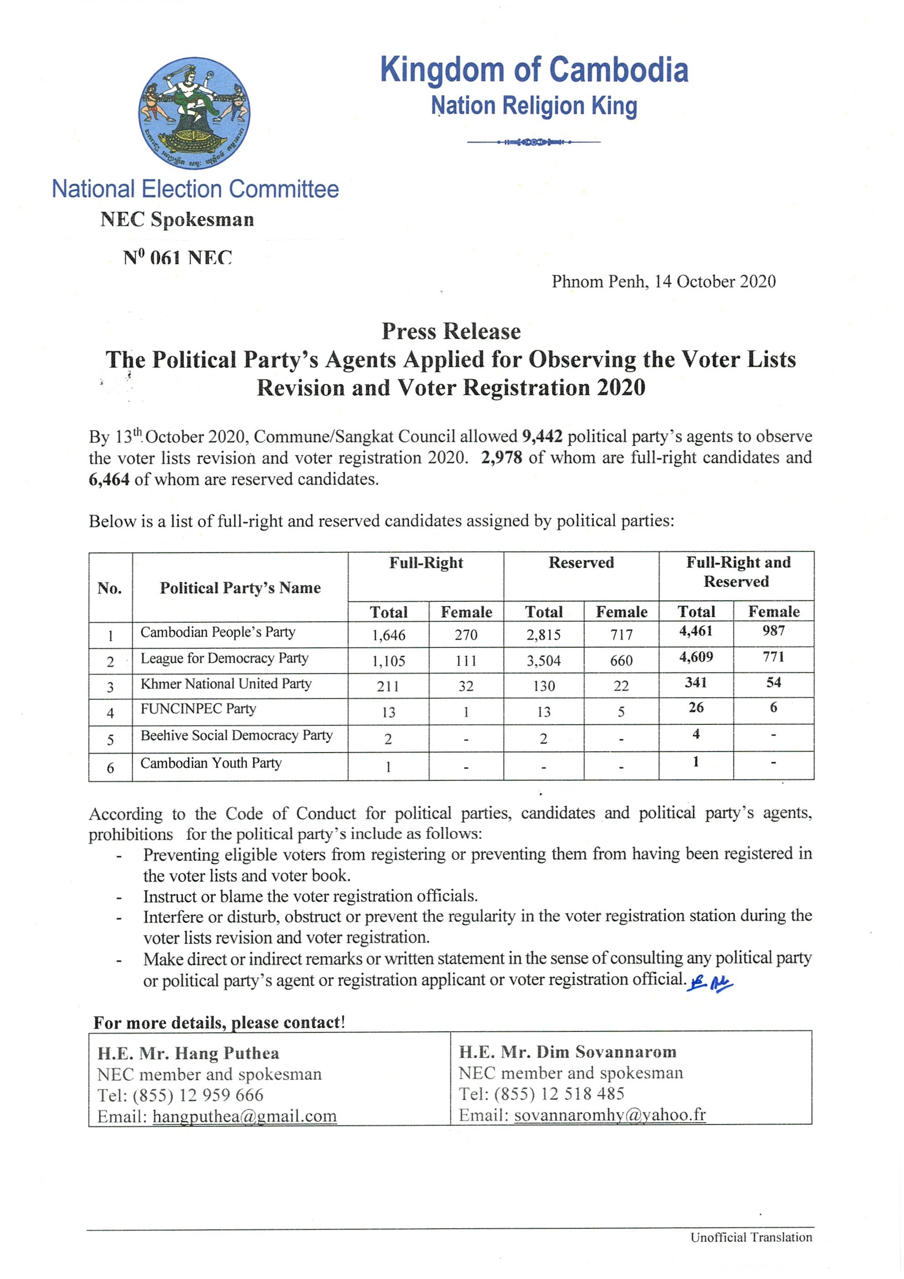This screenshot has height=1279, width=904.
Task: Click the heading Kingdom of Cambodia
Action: (x=534, y=70)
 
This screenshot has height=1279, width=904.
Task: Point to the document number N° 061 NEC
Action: (x=177, y=257)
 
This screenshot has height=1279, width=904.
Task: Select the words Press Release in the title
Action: (x=451, y=332)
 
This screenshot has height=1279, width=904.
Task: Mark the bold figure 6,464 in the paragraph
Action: (x=109, y=480)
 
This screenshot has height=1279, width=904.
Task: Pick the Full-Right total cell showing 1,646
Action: (x=389, y=635)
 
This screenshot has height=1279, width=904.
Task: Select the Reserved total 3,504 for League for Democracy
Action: (x=544, y=660)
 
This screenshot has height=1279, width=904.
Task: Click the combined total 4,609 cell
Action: (x=696, y=657)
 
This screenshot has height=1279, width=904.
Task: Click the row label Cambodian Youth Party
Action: (x=211, y=763)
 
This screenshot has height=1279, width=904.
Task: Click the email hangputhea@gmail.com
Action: (x=244, y=1116)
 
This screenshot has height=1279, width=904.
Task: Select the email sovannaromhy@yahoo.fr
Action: (x=610, y=1115)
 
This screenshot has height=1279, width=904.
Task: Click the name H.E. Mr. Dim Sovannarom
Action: (x=567, y=1052)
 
